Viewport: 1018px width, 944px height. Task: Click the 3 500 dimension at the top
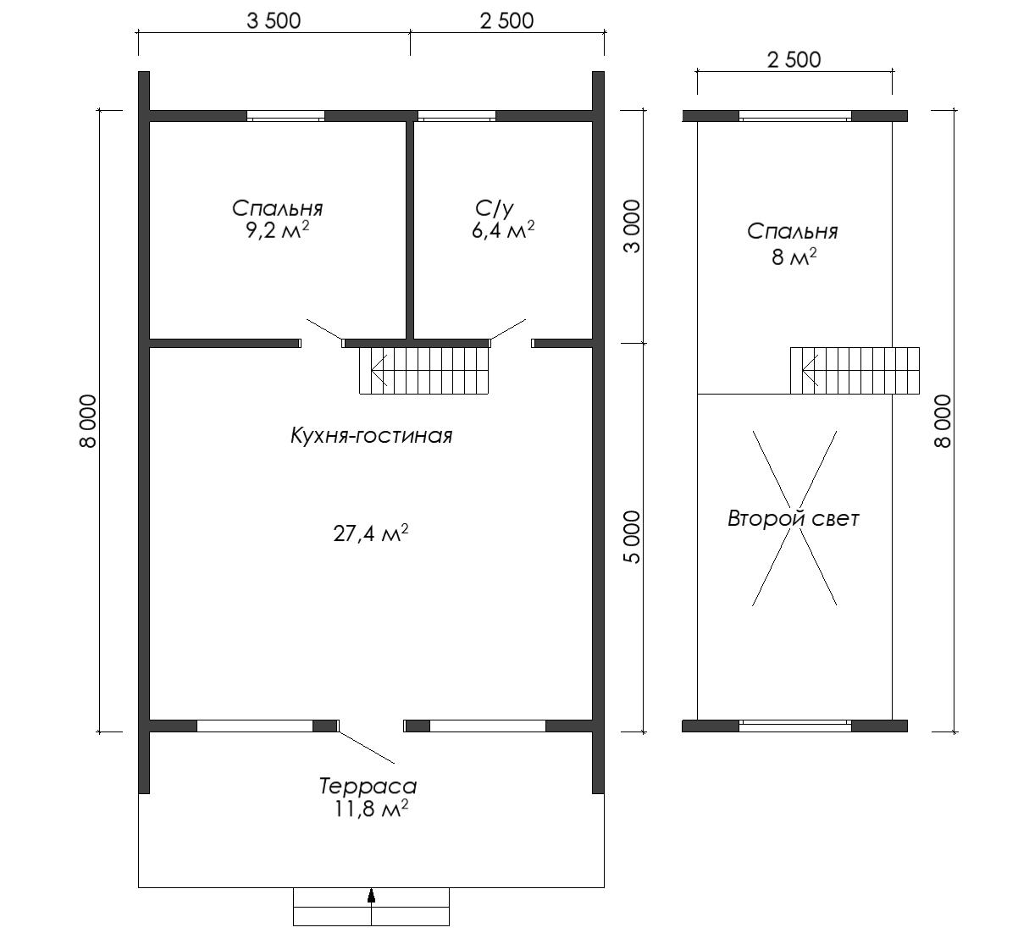(x=274, y=21)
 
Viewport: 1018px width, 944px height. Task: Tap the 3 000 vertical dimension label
(x=633, y=226)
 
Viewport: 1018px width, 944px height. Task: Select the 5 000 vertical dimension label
(x=633, y=537)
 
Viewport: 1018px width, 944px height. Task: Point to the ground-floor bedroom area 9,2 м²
(x=277, y=230)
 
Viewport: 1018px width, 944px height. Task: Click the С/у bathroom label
(x=494, y=208)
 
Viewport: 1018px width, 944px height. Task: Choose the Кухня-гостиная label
(x=371, y=436)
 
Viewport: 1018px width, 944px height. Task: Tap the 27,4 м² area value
(x=371, y=533)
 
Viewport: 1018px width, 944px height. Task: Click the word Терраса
(x=368, y=786)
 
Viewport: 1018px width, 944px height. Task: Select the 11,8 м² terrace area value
(x=371, y=809)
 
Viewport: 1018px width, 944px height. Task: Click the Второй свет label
(x=793, y=519)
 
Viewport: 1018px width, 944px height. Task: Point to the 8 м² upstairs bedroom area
(x=794, y=257)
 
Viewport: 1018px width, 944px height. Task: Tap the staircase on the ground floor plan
(x=424, y=371)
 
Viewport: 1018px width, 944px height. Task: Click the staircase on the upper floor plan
(x=855, y=371)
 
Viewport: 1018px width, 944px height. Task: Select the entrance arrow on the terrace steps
(x=371, y=895)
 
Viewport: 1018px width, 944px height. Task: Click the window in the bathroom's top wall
(x=456, y=116)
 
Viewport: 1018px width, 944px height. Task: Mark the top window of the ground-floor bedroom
(x=285, y=116)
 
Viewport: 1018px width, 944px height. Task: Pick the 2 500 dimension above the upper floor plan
(x=794, y=60)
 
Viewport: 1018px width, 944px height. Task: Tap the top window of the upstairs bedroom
(x=795, y=116)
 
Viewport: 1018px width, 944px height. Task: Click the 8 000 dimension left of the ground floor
(x=87, y=421)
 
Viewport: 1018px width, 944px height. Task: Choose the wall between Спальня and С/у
(x=410, y=230)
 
